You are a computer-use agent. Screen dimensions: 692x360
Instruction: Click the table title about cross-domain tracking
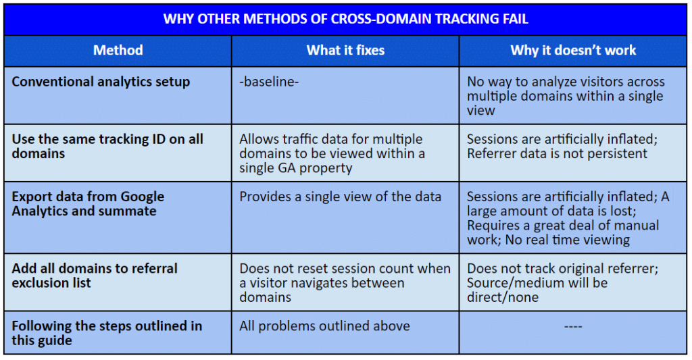(345, 19)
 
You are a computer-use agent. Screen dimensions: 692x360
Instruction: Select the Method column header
(118, 50)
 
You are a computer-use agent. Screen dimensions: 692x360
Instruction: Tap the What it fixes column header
(345, 50)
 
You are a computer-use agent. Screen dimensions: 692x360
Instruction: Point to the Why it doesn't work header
(573, 50)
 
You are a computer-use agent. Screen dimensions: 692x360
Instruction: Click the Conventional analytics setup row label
(101, 82)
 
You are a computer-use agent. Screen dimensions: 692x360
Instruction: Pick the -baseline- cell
(269, 82)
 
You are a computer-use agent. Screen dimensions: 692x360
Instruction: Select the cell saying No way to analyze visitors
(566, 96)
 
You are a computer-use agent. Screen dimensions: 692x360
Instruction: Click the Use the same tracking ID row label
(107, 146)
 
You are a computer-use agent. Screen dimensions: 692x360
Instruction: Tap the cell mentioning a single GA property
(332, 153)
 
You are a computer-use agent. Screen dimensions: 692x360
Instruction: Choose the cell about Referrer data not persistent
(562, 146)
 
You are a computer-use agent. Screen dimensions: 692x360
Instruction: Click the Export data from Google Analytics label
(88, 203)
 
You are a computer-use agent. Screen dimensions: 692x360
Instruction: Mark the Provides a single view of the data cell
(341, 197)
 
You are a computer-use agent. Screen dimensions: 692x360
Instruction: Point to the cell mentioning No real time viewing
(568, 218)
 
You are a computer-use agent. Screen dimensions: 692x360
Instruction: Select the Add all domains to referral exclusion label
(95, 276)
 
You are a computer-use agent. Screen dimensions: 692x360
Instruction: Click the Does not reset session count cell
(345, 282)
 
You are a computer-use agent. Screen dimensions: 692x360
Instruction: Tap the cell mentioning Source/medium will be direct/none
(563, 282)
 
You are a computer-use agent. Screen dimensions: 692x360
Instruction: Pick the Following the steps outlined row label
(107, 333)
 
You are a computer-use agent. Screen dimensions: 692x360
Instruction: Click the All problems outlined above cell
(324, 326)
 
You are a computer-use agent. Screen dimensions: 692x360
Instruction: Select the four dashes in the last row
(573, 326)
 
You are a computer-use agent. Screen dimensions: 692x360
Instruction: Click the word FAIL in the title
(514, 19)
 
